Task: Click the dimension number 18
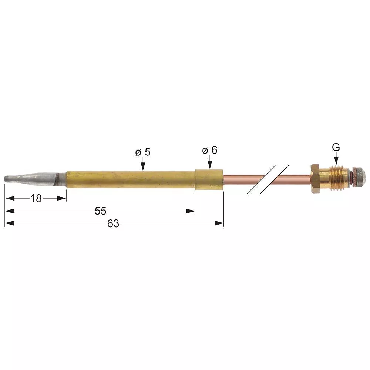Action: click(x=36, y=199)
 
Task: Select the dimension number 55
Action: click(x=100, y=211)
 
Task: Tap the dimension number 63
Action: click(x=113, y=223)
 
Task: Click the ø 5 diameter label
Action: click(x=143, y=152)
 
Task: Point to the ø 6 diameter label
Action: click(x=209, y=150)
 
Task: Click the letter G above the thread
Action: click(x=336, y=147)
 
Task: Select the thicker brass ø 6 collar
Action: click(x=209, y=179)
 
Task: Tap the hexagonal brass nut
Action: click(x=315, y=179)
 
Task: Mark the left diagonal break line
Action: click(x=261, y=179)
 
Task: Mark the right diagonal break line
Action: click(x=274, y=179)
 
